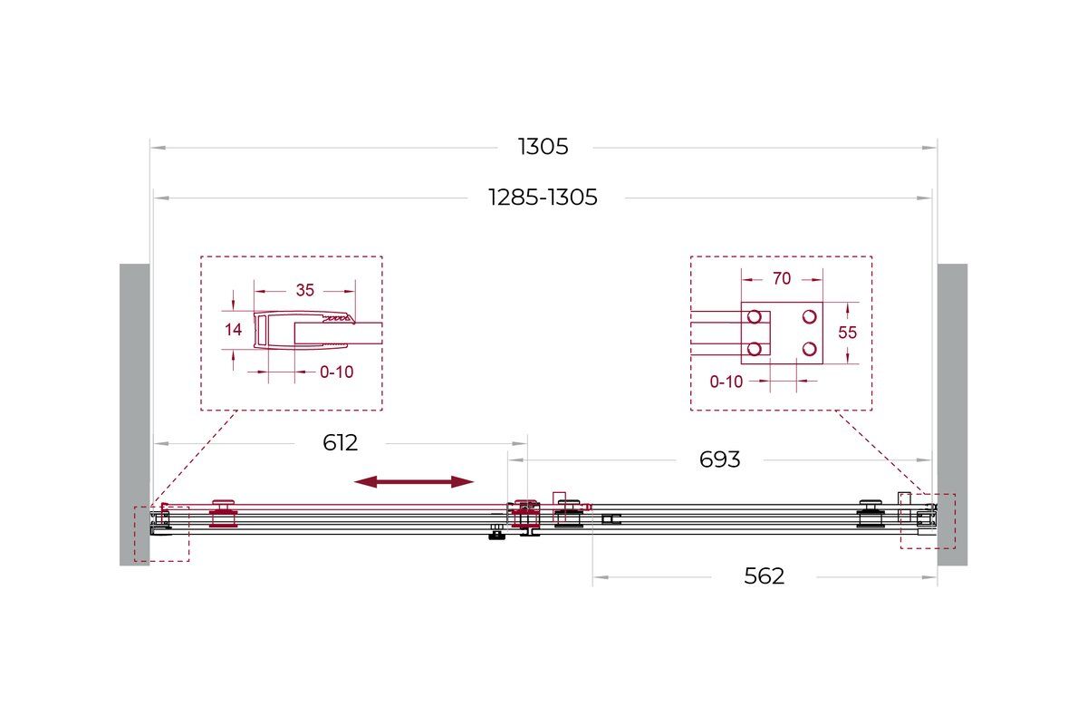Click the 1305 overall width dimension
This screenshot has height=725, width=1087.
coord(543,147)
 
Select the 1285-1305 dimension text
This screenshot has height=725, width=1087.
coord(543,198)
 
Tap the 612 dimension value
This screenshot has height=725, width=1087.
coord(341,443)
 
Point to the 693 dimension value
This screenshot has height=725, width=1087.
coord(719,459)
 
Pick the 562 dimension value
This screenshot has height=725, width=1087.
coord(765,576)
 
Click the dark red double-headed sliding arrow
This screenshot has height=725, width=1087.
coord(414,482)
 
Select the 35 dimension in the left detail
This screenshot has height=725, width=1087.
coord(305,290)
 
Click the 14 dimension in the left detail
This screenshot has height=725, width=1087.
coord(233,330)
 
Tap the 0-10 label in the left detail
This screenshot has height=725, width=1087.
coord(336,372)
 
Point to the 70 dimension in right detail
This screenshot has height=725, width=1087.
coord(782,279)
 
